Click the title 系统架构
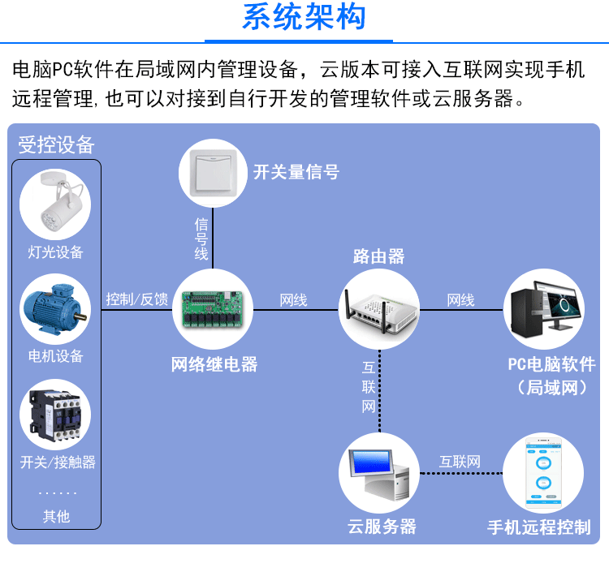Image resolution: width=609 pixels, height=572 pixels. pos(304,17)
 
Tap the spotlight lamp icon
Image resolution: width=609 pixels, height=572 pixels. pos(59,202)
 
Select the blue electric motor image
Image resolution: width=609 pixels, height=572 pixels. pos(55,309)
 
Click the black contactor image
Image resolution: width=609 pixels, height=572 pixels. pos(55,415)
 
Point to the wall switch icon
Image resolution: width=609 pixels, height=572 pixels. pos(213,173)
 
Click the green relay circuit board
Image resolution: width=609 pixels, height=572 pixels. pos(213,310)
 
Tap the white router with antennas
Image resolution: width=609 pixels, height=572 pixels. pos(379,309)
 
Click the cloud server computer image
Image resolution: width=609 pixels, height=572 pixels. pos(379,474)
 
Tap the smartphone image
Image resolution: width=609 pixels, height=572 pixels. pos(543,473)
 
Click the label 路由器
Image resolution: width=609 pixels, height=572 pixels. pos(378,256)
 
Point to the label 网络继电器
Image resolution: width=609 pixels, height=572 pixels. pos(214,364)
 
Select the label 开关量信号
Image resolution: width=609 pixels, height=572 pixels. pos(296,172)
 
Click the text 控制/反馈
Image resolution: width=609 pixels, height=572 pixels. pos(137,299)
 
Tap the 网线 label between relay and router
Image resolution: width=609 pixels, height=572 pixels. pos(294,300)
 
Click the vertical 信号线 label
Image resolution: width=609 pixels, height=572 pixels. pos(201,239)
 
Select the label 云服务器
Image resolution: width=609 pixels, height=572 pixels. pos(382,527)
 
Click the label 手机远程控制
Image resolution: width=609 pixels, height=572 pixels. pos(539,527)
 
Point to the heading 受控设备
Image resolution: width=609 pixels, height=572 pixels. pos(56,144)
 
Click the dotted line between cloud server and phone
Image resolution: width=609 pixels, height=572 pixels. pos(461,473)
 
